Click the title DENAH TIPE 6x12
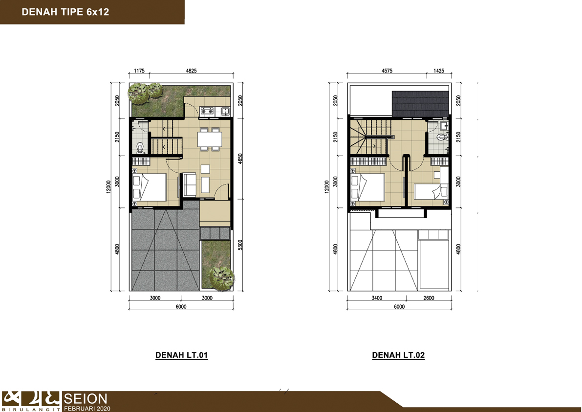pyautogui.click(x=65, y=12)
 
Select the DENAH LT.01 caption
pyautogui.click(x=181, y=355)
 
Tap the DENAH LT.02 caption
pyautogui.click(x=398, y=355)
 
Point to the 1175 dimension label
pyautogui.click(x=139, y=70)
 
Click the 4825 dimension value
pyautogui.click(x=191, y=70)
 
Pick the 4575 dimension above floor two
pyautogui.click(x=387, y=70)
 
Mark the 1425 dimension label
pyautogui.click(x=439, y=70)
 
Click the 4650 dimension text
pyautogui.click(x=240, y=159)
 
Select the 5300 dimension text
pyautogui.click(x=240, y=245)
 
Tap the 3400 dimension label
pyautogui.click(x=377, y=298)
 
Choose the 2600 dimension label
pyautogui.click(x=429, y=298)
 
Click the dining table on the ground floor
pyautogui.click(x=210, y=139)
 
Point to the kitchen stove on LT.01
pyautogui.click(x=207, y=111)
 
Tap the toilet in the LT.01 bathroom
pyautogui.click(x=140, y=147)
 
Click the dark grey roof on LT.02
pyautogui.click(x=421, y=104)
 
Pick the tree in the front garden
pyautogui.click(x=221, y=277)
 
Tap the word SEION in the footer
pyautogui.click(x=86, y=399)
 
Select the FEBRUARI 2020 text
pyautogui.click(x=87, y=409)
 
